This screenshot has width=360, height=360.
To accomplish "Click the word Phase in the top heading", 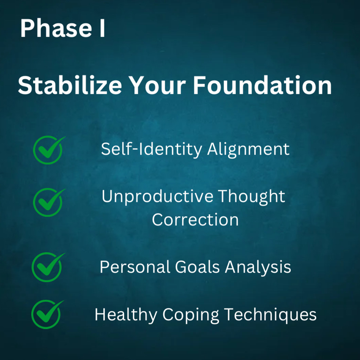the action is click(x=56, y=28).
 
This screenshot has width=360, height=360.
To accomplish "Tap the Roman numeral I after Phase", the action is click(x=102, y=28).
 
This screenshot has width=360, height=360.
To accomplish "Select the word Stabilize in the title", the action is click(x=70, y=85).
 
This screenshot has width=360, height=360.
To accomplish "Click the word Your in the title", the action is click(x=157, y=85).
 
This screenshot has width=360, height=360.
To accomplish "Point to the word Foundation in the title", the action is click(x=262, y=85).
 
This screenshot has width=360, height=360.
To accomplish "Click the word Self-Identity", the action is click(x=152, y=149).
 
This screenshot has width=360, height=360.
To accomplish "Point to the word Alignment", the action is click(x=248, y=150).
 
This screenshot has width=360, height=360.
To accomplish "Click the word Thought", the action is click(x=252, y=197).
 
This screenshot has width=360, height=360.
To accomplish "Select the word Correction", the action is click(x=195, y=220).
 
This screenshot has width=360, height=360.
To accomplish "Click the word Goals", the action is click(x=198, y=267).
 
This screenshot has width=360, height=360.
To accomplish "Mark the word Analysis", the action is click(x=258, y=267).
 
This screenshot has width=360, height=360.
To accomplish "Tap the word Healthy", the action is click(x=126, y=314).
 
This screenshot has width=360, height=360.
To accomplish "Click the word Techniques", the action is click(x=271, y=314).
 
